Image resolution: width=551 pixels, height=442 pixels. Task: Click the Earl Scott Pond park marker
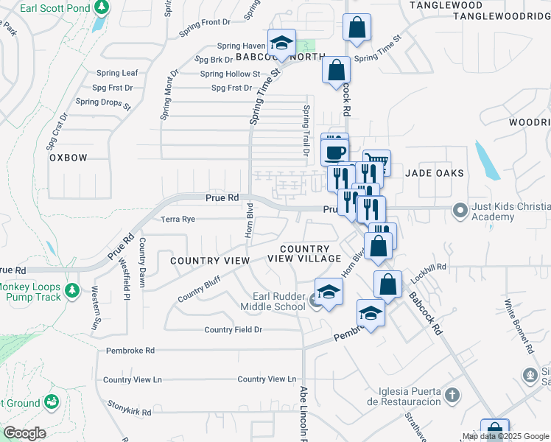103,8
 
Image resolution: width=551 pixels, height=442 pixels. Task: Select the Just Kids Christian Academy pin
460,211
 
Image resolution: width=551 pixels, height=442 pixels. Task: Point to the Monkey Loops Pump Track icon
71,291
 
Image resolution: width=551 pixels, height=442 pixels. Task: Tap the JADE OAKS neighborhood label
435,173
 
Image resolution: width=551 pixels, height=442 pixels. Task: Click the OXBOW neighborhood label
69,158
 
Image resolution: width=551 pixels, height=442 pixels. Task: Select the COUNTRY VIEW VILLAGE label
304,254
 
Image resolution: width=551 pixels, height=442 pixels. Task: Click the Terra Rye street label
178,220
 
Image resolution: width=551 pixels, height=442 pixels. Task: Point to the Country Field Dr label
234,330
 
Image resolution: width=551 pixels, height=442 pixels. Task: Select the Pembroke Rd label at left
130,351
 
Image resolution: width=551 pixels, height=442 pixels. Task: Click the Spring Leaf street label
118,73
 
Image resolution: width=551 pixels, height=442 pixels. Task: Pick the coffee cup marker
335,152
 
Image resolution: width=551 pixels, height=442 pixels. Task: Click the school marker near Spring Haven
281,43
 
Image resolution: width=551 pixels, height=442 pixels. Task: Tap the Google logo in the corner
24,433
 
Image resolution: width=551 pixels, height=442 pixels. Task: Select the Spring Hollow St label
231,74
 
